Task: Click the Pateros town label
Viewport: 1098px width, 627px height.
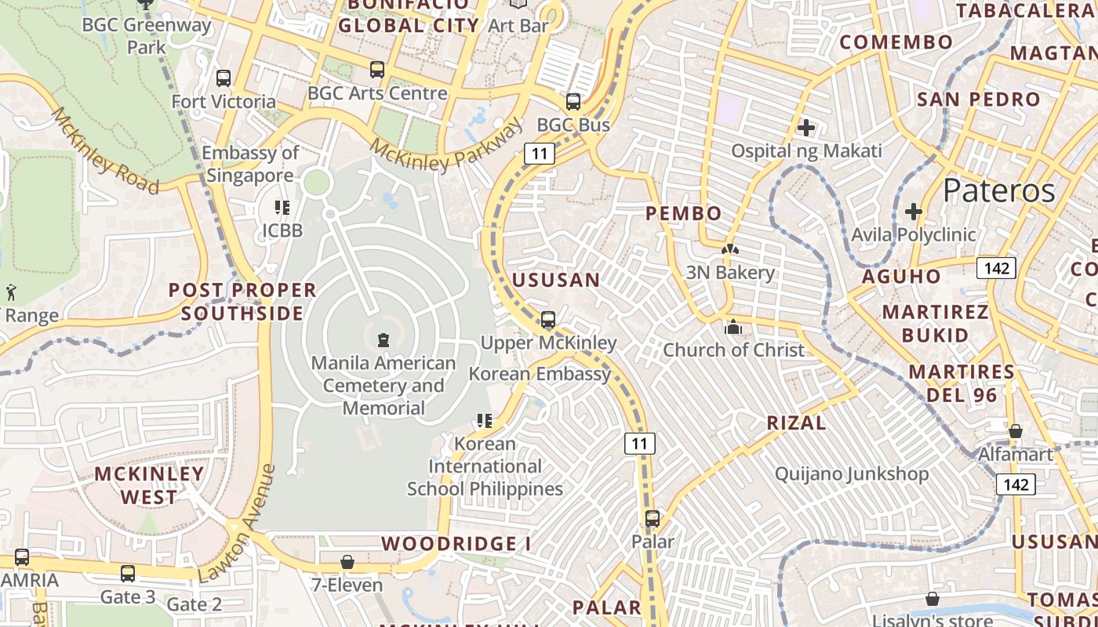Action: coord(998,190)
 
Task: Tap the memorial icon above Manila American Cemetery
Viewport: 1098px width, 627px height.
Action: coord(384,339)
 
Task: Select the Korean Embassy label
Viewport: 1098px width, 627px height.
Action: coord(540,374)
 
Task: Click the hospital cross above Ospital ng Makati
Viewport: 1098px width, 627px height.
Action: coord(805,127)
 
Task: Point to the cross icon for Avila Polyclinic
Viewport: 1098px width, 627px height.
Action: coord(913,212)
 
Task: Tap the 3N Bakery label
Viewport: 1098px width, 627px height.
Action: coord(730,273)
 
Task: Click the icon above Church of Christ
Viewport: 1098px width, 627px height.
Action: coord(733,327)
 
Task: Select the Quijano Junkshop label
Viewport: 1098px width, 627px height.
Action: coord(852,474)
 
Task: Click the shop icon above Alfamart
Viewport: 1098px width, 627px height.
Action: coord(1016,431)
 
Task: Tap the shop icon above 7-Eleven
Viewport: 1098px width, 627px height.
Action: coord(347,562)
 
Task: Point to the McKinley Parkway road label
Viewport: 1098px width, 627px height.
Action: coord(446,146)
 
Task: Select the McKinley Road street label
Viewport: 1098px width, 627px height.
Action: coord(105,150)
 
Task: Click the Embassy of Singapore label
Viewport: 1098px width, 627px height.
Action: coord(250,164)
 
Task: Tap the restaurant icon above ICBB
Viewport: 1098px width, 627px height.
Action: coord(282,208)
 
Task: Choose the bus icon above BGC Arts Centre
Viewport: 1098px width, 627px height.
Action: coord(377,70)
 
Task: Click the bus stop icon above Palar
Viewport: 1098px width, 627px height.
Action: coord(653,518)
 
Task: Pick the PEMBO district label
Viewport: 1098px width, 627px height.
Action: coord(683,213)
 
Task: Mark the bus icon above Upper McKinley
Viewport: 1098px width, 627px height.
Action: coord(548,320)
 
